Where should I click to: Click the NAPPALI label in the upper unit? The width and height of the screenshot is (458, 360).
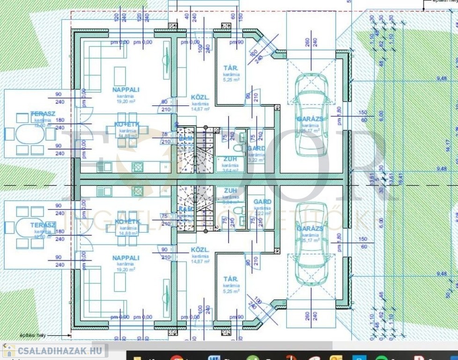click(x=126, y=89)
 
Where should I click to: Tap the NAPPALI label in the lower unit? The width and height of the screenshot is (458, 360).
click(x=126, y=258)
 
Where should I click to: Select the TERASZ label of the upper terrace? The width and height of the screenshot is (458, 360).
click(x=43, y=114)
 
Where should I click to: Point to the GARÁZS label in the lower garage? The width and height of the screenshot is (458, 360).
click(x=310, y=228)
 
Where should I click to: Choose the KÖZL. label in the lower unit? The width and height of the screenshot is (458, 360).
click(x=200, y=250)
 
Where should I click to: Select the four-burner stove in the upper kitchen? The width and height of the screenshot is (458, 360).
click(x=138, y=166)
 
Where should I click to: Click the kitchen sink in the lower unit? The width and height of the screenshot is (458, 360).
click(x=104, y=191)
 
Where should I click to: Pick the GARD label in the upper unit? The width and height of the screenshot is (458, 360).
click(x=257, y=149)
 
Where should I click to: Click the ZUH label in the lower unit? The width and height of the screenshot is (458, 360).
click(x=230, y=191)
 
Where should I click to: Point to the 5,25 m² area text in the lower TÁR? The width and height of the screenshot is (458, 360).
click(x=231, y=291)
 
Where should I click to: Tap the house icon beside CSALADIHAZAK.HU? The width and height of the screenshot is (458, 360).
click(x=9, y=350)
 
